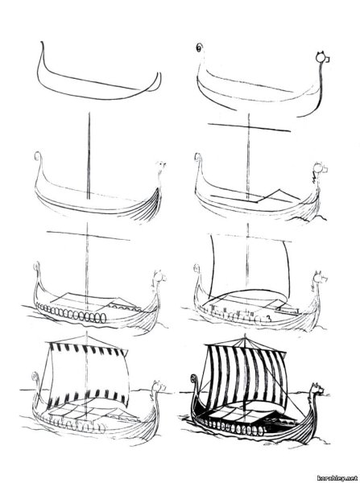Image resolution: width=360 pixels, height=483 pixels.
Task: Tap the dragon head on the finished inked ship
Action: [x=317, y=390]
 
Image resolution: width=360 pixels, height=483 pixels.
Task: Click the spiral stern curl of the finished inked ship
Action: [x=193, y=378]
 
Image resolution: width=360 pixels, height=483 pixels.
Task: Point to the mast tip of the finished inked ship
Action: [x=245, y=335]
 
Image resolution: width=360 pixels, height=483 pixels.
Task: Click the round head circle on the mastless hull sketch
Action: [x=321, y=57]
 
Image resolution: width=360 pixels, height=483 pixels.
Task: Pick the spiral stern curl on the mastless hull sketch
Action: [x=200, y=47]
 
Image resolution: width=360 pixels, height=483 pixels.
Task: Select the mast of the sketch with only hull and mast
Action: [x=89, y=155]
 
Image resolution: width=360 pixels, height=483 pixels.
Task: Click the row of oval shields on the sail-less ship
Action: [x=71, y=313]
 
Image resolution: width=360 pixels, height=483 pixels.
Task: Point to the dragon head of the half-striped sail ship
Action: [x=159, y=386]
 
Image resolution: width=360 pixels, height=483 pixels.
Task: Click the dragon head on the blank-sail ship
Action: [x=320, y=278]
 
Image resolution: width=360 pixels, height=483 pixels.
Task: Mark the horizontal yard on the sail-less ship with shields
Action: [x=88, y=236]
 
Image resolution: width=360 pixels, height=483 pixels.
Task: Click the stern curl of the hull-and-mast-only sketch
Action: [x=38, y=155]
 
